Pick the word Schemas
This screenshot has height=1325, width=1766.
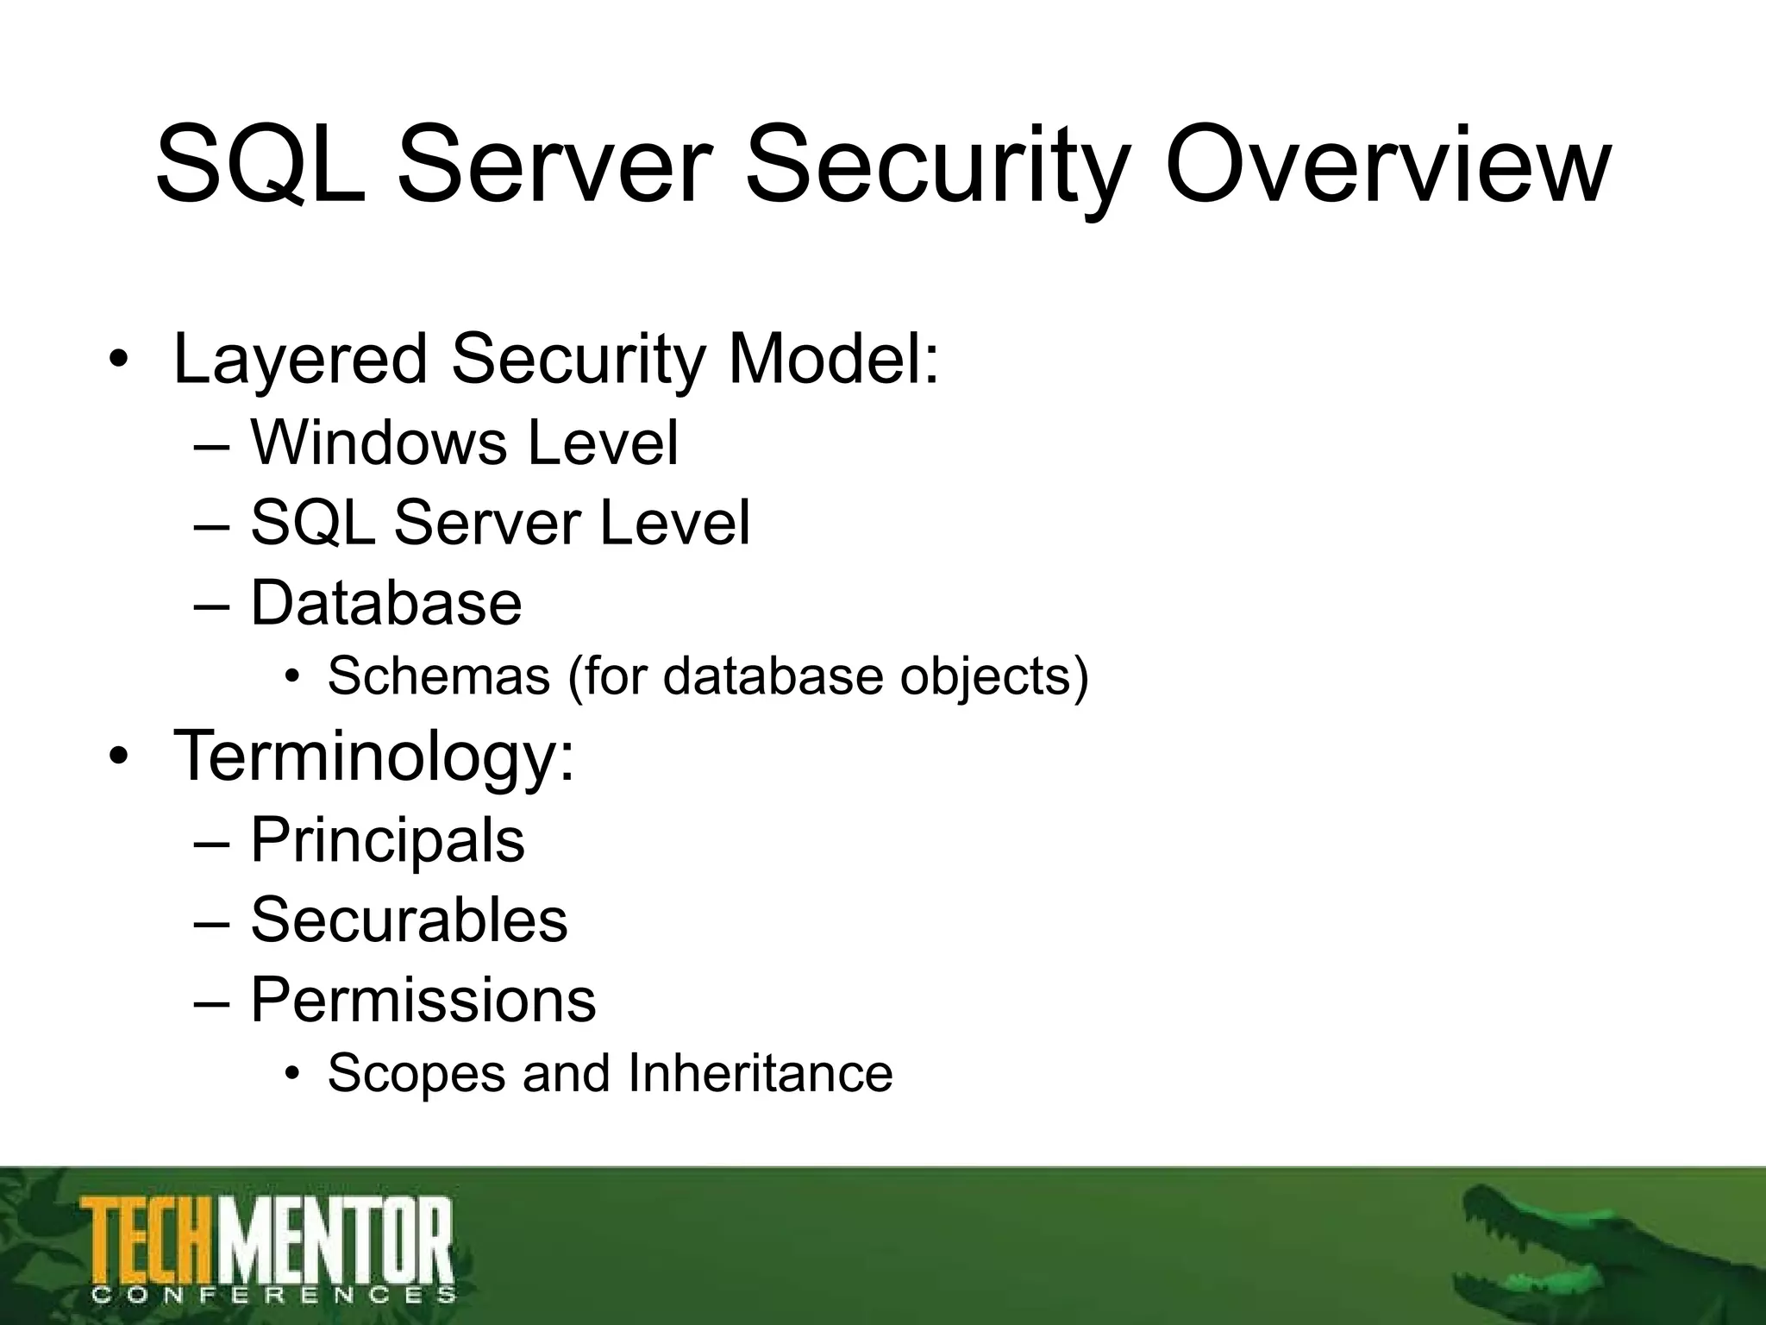coord(438,675)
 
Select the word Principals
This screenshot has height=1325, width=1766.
coord(387,841)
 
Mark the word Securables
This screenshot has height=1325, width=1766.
coord(409,920)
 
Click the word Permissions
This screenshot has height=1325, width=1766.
coord(423,1001)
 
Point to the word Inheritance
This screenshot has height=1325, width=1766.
coord(760,1073)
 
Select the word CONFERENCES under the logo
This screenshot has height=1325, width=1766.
coord(272,1294)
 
